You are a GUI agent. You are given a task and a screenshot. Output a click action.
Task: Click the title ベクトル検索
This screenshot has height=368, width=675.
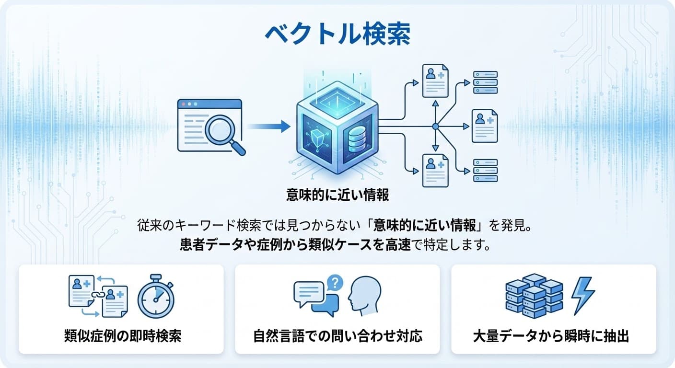(337, 34)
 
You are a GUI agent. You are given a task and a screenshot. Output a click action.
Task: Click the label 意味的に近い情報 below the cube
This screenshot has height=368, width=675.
(337, 195)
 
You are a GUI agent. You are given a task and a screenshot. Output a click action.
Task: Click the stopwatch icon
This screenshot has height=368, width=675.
(155, 297)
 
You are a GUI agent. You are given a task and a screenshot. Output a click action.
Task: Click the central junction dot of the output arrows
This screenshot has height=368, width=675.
(435, 126)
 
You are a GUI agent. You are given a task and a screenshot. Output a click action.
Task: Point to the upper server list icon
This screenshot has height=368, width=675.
(485, 82)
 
